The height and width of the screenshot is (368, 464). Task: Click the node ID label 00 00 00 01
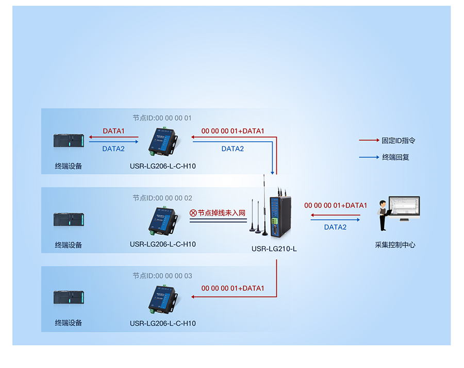(x=162, y=118)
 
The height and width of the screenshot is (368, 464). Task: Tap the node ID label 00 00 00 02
(x=162, y=198)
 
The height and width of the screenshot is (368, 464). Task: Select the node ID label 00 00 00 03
(x=162, y=276)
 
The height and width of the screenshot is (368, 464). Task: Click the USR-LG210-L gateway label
(x=274, y=249)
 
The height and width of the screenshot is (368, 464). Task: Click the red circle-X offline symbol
(x=193, y=212)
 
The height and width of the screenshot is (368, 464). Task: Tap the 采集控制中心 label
(x=395, y=245)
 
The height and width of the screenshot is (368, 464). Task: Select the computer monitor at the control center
(x=404, y=208)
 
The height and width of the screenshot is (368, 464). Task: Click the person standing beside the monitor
(x=382, y=215)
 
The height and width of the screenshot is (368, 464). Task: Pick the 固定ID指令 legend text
(x=399, y=140)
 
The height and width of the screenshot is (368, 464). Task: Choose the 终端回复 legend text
(x=395, y=157)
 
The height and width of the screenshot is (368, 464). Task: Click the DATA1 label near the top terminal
(x=113, y=131)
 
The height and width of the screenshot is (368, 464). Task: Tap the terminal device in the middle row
(x=69, y=220)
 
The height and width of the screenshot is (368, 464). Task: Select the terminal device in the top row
(x=69, y=141)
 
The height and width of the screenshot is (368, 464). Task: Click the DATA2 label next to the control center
(x=335, y=227)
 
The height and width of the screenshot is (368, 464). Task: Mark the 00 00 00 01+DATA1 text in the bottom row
(x=233, y=288)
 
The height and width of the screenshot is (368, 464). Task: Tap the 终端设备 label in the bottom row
(x=69, y=323)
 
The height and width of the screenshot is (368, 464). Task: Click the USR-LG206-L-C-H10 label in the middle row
(x=163, y=244)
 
